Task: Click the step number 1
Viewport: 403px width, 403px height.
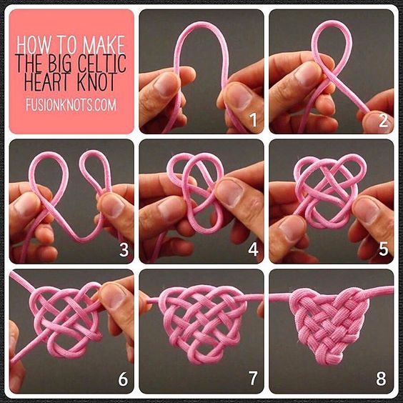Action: (x=254, y=120)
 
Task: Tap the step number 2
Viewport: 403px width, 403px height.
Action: (x=383, y=120)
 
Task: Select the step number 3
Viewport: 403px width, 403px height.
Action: (x=124, y=250)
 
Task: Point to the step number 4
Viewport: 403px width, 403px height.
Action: (x=253, y=250)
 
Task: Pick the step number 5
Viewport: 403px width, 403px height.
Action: (x=383, y=250)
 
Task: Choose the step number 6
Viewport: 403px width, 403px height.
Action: (x=123, y=379)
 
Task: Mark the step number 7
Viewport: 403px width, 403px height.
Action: (x=253, y=379)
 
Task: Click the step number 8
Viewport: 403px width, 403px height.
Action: (x=382, y=379)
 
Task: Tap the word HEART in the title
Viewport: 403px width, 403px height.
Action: (x=46, y=81)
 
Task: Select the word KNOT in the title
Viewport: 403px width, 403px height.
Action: (x=96, y=81)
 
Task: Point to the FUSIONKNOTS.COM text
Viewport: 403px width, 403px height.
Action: (x=71, y=105)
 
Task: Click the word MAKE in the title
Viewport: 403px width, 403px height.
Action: (x=104, y=45)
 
